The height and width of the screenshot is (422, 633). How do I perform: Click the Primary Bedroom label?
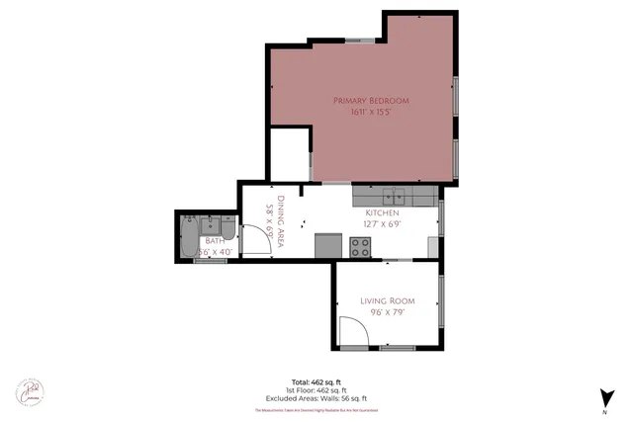371,101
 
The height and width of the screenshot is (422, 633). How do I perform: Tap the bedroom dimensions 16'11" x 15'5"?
371,113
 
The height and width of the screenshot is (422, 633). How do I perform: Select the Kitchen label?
382,212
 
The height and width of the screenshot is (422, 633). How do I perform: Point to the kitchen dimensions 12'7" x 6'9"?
382,224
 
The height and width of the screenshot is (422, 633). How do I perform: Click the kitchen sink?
393,194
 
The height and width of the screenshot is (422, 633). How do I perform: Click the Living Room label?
387,300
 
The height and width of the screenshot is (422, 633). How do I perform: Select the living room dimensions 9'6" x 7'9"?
387,312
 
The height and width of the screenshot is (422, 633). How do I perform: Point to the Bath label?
215,240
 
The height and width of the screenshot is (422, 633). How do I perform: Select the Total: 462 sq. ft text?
316,380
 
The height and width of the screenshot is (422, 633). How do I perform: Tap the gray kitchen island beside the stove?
328,246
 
